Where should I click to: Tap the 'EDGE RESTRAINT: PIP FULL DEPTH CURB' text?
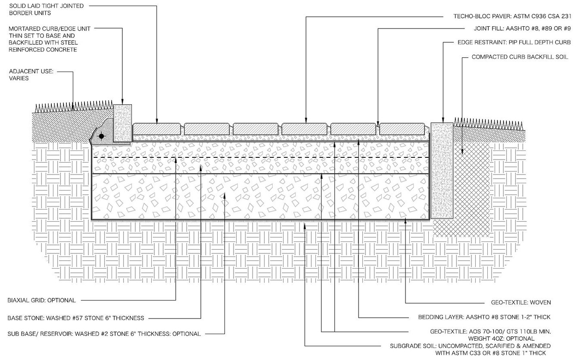(x=514, y=43)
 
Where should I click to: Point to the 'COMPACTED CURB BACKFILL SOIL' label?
(x=520, y=57)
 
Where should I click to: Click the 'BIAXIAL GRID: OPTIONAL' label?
(x=42, y=300)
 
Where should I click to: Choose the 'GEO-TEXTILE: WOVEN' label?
(x=521, y=302)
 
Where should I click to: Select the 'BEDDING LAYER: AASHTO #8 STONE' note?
(x=484, y=317)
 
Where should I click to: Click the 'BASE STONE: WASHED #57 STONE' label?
(x=76, y=318)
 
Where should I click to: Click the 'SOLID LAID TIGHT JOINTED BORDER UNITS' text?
(x=46, y=9)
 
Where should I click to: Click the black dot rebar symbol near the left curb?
(x=101, y=136)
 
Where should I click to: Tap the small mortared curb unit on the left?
(x=122, y=123)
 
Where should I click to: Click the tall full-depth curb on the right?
(x=442, y=170)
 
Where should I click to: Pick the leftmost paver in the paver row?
(x=156, y=129)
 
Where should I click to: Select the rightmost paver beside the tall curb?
(x=404, y=129)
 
